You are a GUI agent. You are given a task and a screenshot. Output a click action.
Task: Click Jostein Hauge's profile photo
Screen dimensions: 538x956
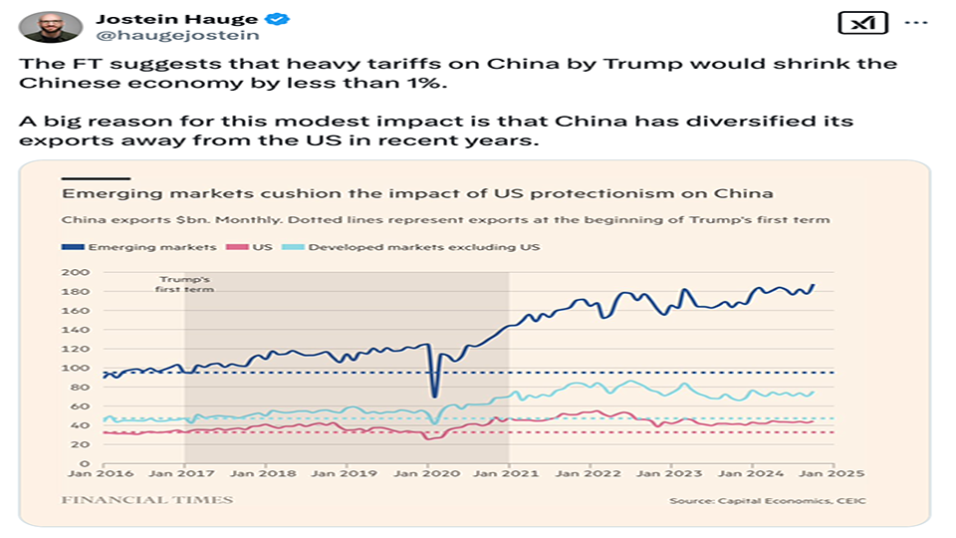[51, 26]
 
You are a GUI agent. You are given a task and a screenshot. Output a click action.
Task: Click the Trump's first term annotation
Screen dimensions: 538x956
[186, 284]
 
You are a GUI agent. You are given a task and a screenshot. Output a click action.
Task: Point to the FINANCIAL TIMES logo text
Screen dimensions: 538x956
[147, 499]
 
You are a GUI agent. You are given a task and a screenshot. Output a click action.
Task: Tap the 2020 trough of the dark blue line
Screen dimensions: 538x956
[434, 397]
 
